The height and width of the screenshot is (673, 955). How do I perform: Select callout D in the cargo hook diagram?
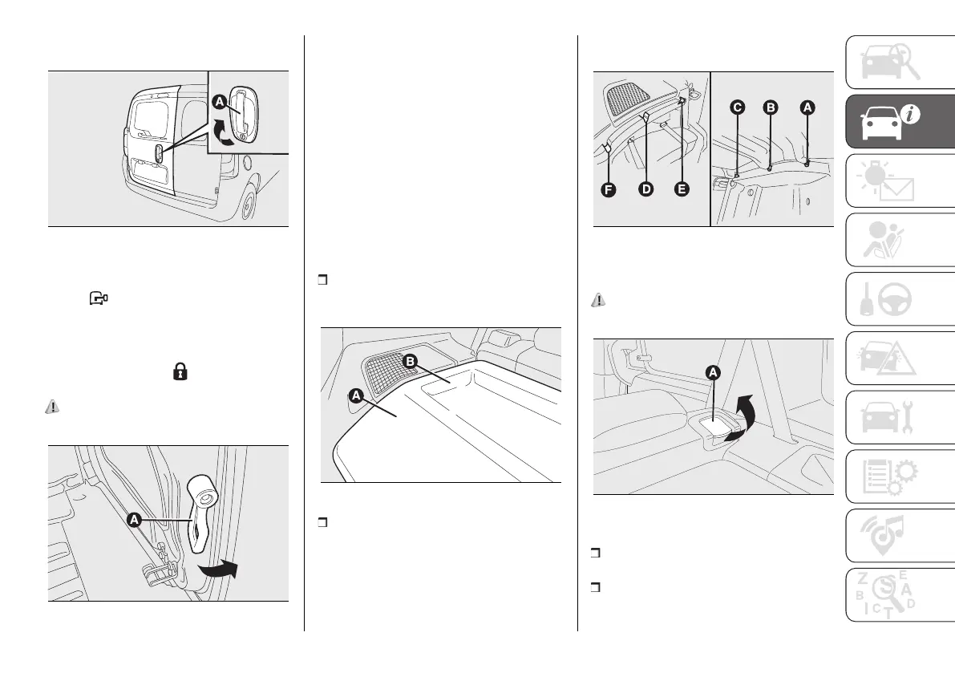(645, 190)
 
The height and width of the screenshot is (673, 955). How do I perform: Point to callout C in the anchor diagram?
(737, 107)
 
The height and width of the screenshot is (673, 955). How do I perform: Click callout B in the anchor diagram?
(770, 107)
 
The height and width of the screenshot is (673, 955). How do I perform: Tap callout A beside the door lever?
(134, 520)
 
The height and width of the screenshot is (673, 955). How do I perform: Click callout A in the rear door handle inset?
(219, 102)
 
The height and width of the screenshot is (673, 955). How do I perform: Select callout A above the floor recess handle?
(713, 371)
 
